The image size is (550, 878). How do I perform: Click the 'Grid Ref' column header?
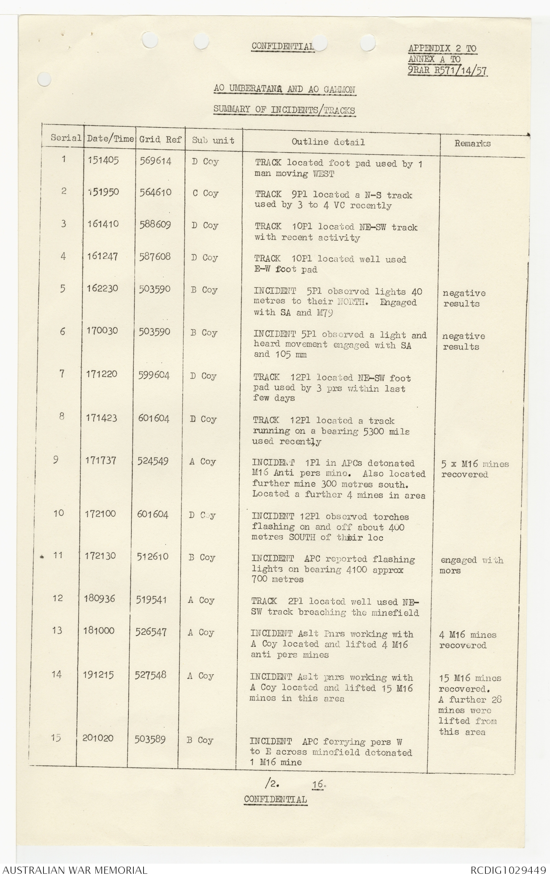coord(160,140)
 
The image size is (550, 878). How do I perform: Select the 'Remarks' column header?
coord(472,143)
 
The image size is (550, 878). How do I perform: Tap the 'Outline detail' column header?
coord(328,142)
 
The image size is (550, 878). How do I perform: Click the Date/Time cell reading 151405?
coord(103,161)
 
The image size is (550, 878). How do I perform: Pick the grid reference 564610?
coord(155,192)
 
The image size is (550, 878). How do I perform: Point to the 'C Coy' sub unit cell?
coord(206,193)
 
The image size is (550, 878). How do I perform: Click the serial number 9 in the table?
coord(56,460)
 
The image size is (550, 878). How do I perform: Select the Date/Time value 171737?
coord(100,461)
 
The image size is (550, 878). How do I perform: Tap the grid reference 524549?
coord(153,461)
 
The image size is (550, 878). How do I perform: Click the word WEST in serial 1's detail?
coord(325,174)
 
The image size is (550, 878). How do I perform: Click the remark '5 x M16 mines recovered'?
coord(474,469)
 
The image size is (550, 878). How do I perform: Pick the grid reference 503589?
coord(150,739)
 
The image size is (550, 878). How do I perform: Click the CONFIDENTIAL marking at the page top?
coord(282,46)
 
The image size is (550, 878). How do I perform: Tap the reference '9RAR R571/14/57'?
coord(447,71)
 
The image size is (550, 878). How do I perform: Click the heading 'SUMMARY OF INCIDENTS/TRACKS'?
coord(284,110)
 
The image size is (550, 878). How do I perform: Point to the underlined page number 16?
coord(319,784)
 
